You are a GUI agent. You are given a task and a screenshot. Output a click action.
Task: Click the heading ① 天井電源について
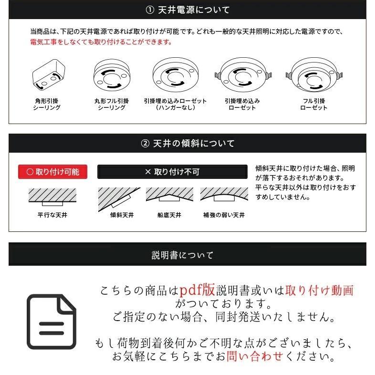pos(187,10)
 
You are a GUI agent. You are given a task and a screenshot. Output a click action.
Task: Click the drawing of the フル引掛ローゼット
pos(314,76)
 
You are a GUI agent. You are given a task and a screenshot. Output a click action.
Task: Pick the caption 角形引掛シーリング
pos(47,104)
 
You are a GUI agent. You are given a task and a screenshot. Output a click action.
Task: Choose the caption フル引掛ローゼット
pos(314,104)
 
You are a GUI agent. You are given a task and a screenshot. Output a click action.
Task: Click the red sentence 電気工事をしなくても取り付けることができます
pos(101,42)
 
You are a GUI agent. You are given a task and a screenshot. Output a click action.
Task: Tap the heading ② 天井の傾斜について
pos(187,143)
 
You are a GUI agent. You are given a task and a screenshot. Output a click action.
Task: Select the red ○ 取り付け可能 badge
pos(52,172)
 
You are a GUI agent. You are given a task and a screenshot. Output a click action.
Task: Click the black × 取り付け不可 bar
pos(172,172)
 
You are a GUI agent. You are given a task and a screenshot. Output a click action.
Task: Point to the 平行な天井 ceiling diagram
pos(52,196)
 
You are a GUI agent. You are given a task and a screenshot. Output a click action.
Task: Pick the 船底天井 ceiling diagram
pos(170,196)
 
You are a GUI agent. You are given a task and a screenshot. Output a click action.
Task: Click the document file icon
pos(51,322)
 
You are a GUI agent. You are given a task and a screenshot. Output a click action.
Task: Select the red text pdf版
pos(198,290)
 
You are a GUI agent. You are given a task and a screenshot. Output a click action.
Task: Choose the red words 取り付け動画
pos(319,290)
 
